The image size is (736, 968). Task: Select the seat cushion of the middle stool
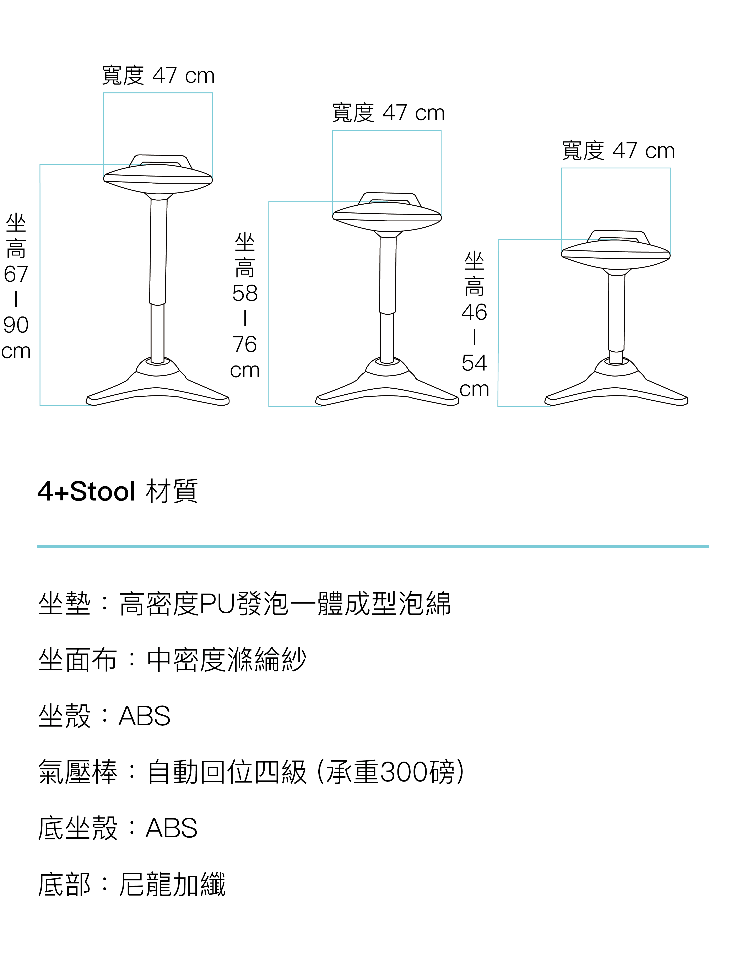click(x=387, y=216)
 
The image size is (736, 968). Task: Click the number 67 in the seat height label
click(x=16, y=274)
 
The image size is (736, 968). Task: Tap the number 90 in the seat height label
click(x=16, y=325)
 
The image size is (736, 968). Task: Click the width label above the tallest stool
click(x=158, y=75)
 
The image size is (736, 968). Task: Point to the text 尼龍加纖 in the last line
click(x=172, y=884)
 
